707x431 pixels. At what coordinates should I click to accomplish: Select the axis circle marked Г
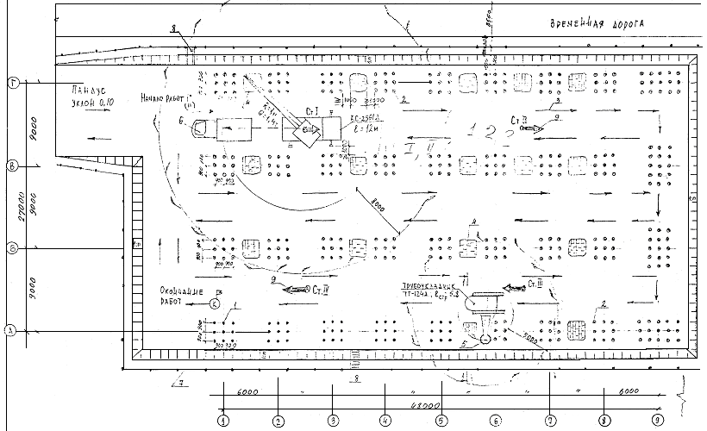point(13,83)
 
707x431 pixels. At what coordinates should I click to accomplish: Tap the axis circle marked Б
point(12,247)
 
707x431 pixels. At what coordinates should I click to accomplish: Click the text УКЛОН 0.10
point(91,103)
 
